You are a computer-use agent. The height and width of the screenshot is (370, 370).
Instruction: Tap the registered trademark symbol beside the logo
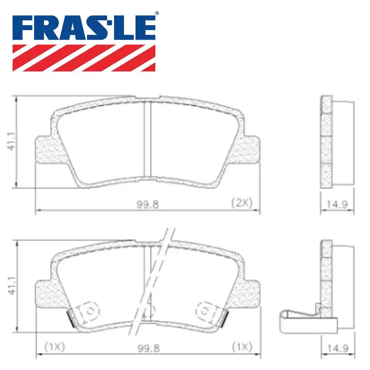157,13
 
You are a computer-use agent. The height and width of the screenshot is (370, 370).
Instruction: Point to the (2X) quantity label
241,203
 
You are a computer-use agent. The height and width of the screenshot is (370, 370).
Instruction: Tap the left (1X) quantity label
54,347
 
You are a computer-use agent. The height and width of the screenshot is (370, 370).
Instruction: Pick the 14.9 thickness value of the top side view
337,204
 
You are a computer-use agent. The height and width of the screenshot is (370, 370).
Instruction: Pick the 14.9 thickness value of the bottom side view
337,348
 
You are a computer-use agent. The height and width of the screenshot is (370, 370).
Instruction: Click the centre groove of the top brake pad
147,139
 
